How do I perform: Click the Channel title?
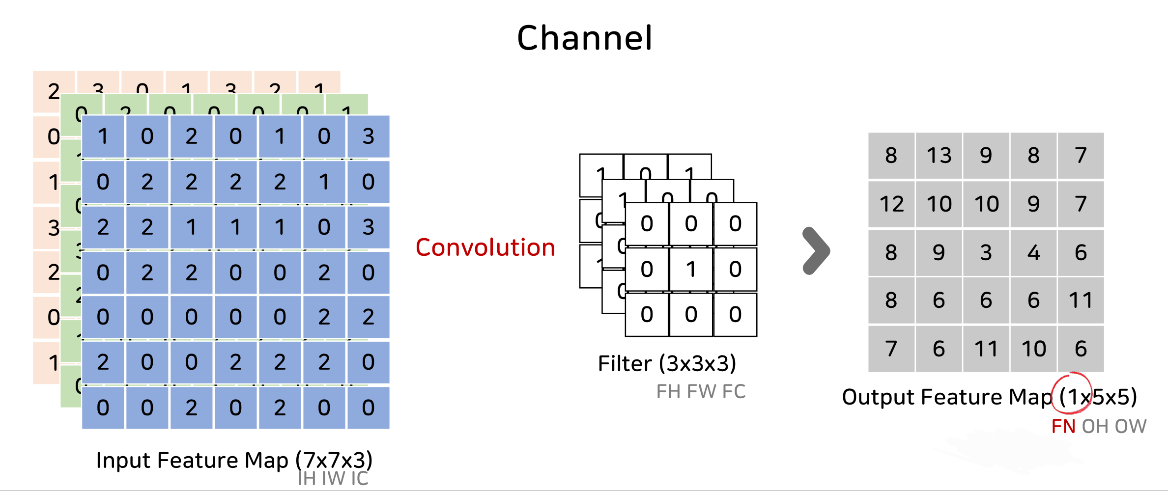click(x=584, y=38)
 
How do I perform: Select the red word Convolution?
click(x=485, y=247)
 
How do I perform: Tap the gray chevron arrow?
click(x=817, y=251)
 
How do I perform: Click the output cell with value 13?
click(x=939, y=156)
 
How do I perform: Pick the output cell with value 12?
click(x=891, y=204)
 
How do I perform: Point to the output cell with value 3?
click(x=986, y=252)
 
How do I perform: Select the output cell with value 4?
click(x=1034, y=252)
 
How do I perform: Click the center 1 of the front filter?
click(x=691, y=269)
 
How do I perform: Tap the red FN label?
click(x=1063, y=426)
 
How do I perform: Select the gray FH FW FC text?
click(x=701, y=391)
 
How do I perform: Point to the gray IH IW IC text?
click(x=333, y=478)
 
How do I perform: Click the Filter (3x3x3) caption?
click(x=667, y=364)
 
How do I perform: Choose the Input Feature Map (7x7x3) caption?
click(x=234, y=460)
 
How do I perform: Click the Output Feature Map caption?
click(x=946, y=397)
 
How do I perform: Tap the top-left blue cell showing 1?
click(x=103, y=136)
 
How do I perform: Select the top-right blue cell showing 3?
click(x=369, y=136)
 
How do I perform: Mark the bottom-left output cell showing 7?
click(x=891, y=349)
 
